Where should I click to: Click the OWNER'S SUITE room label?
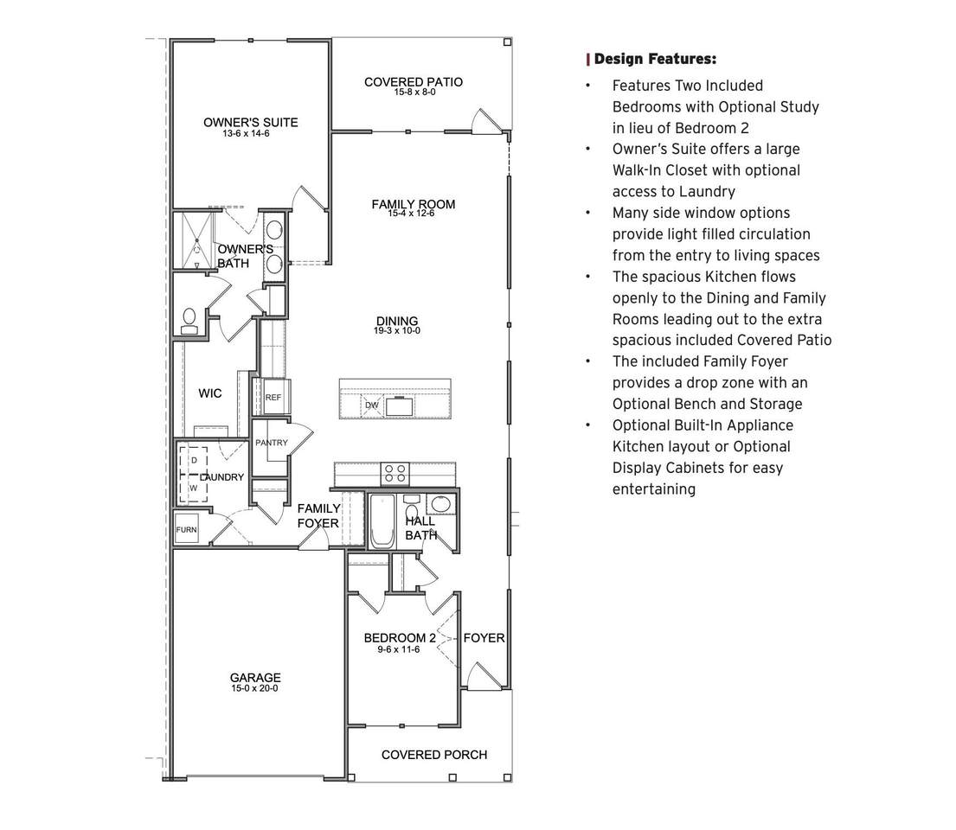pyautogui.click(x=251, y=123)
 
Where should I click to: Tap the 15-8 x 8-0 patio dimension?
pyautogui.click(x=414, y=93)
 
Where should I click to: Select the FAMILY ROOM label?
pyautogui.click(x=414, y=204)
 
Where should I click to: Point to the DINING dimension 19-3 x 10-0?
pyautogui.click(x=397, y=331)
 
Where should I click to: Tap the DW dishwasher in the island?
pyautogui.click(x=372, y=405)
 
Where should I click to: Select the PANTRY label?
pyautogui.click(x=272, y=443)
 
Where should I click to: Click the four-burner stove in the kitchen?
pyautogui.click(x=395, y=474)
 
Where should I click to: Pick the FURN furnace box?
pyautogui.click(x=187, y=530)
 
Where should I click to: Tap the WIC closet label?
pyautogui.click(x=209, y=393)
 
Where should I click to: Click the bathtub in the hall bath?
pyautogui.click(x=382, y=521)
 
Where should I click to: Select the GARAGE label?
pyautogui.click(x=255, y=678)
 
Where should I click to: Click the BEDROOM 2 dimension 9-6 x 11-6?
pyautogui.click(x=399, y=649)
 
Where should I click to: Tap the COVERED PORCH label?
pyautogui.click(x=434, y=755)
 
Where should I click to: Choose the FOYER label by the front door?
pyautogui.click(x=484, y=638)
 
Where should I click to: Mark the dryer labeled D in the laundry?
pyautogui.click(x=194, y=461)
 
